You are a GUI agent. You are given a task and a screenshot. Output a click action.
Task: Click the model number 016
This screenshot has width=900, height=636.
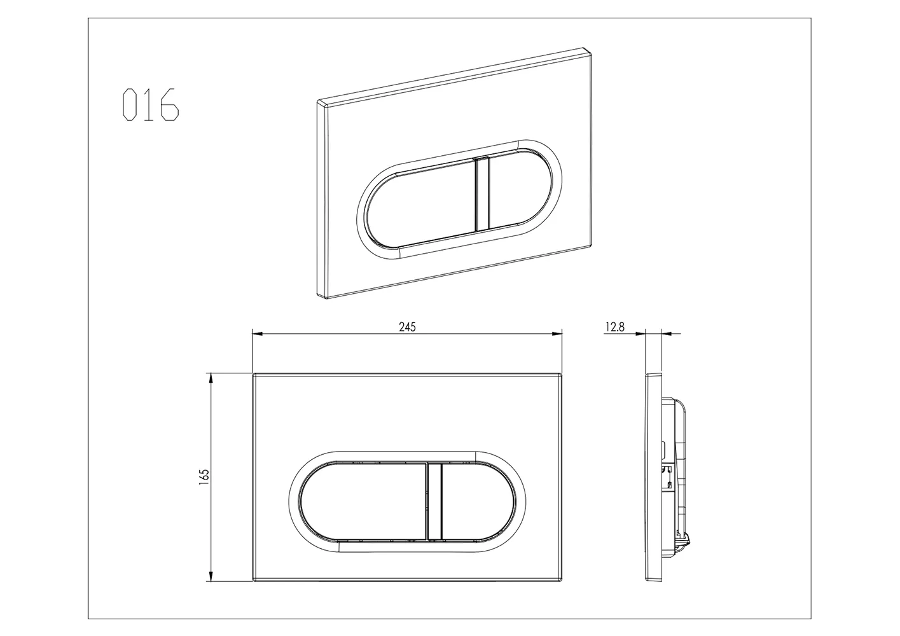[151, 104]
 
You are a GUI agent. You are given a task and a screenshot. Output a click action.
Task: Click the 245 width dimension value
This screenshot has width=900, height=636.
[407, 327]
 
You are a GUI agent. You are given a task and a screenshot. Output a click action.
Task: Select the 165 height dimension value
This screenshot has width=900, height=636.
[204, 477]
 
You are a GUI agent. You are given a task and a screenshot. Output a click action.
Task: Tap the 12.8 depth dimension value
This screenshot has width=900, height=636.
[614, 327]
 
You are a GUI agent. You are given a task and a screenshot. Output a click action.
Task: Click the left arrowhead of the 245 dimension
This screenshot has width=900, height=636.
[257, 333]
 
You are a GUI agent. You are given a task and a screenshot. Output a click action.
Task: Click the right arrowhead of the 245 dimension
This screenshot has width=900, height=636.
[557, 333]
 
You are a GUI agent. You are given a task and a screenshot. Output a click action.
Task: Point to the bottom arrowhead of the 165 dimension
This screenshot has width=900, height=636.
[209, 576]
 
